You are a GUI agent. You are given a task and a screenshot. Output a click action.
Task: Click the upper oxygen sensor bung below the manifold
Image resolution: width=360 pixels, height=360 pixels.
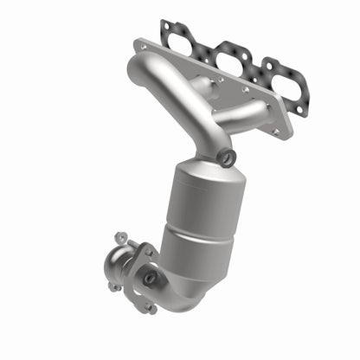pyautogui.click(x=227, y=157)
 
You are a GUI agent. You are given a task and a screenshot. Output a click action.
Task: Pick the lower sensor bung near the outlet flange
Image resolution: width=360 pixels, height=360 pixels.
pyautogui.click(x=151, y=279)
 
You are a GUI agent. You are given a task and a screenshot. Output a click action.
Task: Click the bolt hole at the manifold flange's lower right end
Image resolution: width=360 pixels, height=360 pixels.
pyautogui.click(x=276, y=131)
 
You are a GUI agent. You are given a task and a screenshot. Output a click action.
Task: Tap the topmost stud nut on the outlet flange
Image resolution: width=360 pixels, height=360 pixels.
pyautogui.click(x=120, y=236)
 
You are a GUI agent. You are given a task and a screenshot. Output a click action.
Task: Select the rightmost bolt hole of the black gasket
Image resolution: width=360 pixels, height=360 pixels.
pyautogui.click(x=301, y=110)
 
